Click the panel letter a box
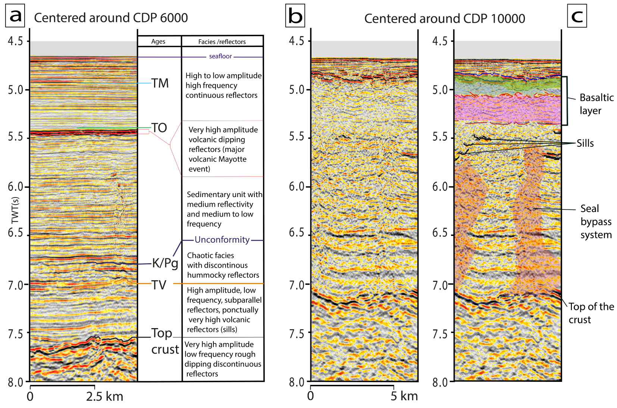15,16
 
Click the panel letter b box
295,16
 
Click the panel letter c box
577,16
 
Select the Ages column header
159,42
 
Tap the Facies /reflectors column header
222,42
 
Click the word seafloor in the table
220,56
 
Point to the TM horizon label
160,83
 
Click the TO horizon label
159,128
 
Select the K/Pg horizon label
165,264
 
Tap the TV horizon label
159,285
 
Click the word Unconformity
222,240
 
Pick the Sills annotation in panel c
585,143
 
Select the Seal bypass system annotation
596,222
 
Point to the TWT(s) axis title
15,210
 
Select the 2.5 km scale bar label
104,396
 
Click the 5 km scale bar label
404,396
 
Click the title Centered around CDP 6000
111,18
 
